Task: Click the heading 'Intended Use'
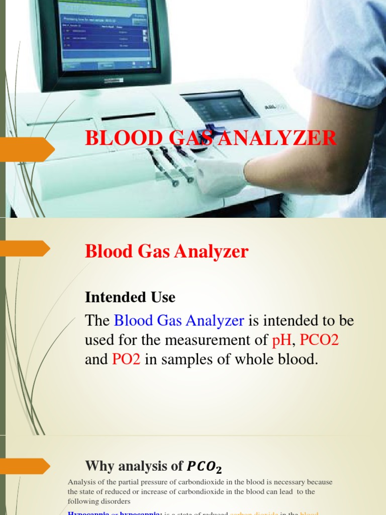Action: [130, 297]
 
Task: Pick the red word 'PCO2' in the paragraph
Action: [319, 340]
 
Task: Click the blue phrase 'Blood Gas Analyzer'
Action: [179, 320]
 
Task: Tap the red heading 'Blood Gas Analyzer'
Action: [166, 251]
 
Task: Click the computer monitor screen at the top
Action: [106, 35]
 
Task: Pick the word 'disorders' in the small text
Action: [117, 501]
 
